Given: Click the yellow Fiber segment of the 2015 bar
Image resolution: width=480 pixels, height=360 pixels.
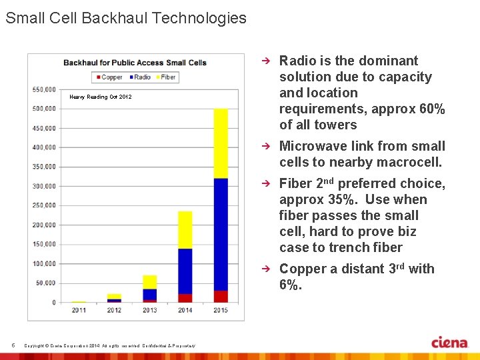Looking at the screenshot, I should click(221, 143).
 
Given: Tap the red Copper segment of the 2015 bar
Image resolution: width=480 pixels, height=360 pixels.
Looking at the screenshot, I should click(221, 296).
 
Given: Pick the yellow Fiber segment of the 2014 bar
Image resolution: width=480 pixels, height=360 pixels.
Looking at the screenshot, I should click(185, 230).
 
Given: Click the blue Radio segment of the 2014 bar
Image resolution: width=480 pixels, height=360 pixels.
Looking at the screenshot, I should click(185, 271).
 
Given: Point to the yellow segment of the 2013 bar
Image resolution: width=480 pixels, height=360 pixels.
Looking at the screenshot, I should click(150, 281).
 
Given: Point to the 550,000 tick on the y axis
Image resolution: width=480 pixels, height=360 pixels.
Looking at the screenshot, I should click(44, 89).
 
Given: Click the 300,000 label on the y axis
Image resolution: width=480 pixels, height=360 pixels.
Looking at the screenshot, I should click(44, 186).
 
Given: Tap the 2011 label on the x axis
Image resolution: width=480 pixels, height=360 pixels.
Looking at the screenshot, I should click(79, 310).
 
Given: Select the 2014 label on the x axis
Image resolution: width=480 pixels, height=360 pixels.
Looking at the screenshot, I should click(185, 310).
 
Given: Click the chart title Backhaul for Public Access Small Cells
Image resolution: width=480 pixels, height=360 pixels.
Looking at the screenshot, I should click(135, 63).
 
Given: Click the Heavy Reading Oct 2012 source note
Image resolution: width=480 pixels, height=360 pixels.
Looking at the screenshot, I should click(101, 97).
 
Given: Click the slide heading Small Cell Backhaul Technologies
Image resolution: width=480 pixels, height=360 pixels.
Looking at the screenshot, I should click(126, 18).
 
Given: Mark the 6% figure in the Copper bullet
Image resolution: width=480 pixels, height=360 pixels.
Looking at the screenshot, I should click(291, 285).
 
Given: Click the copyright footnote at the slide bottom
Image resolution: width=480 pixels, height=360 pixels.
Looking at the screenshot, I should click(110, 345).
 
